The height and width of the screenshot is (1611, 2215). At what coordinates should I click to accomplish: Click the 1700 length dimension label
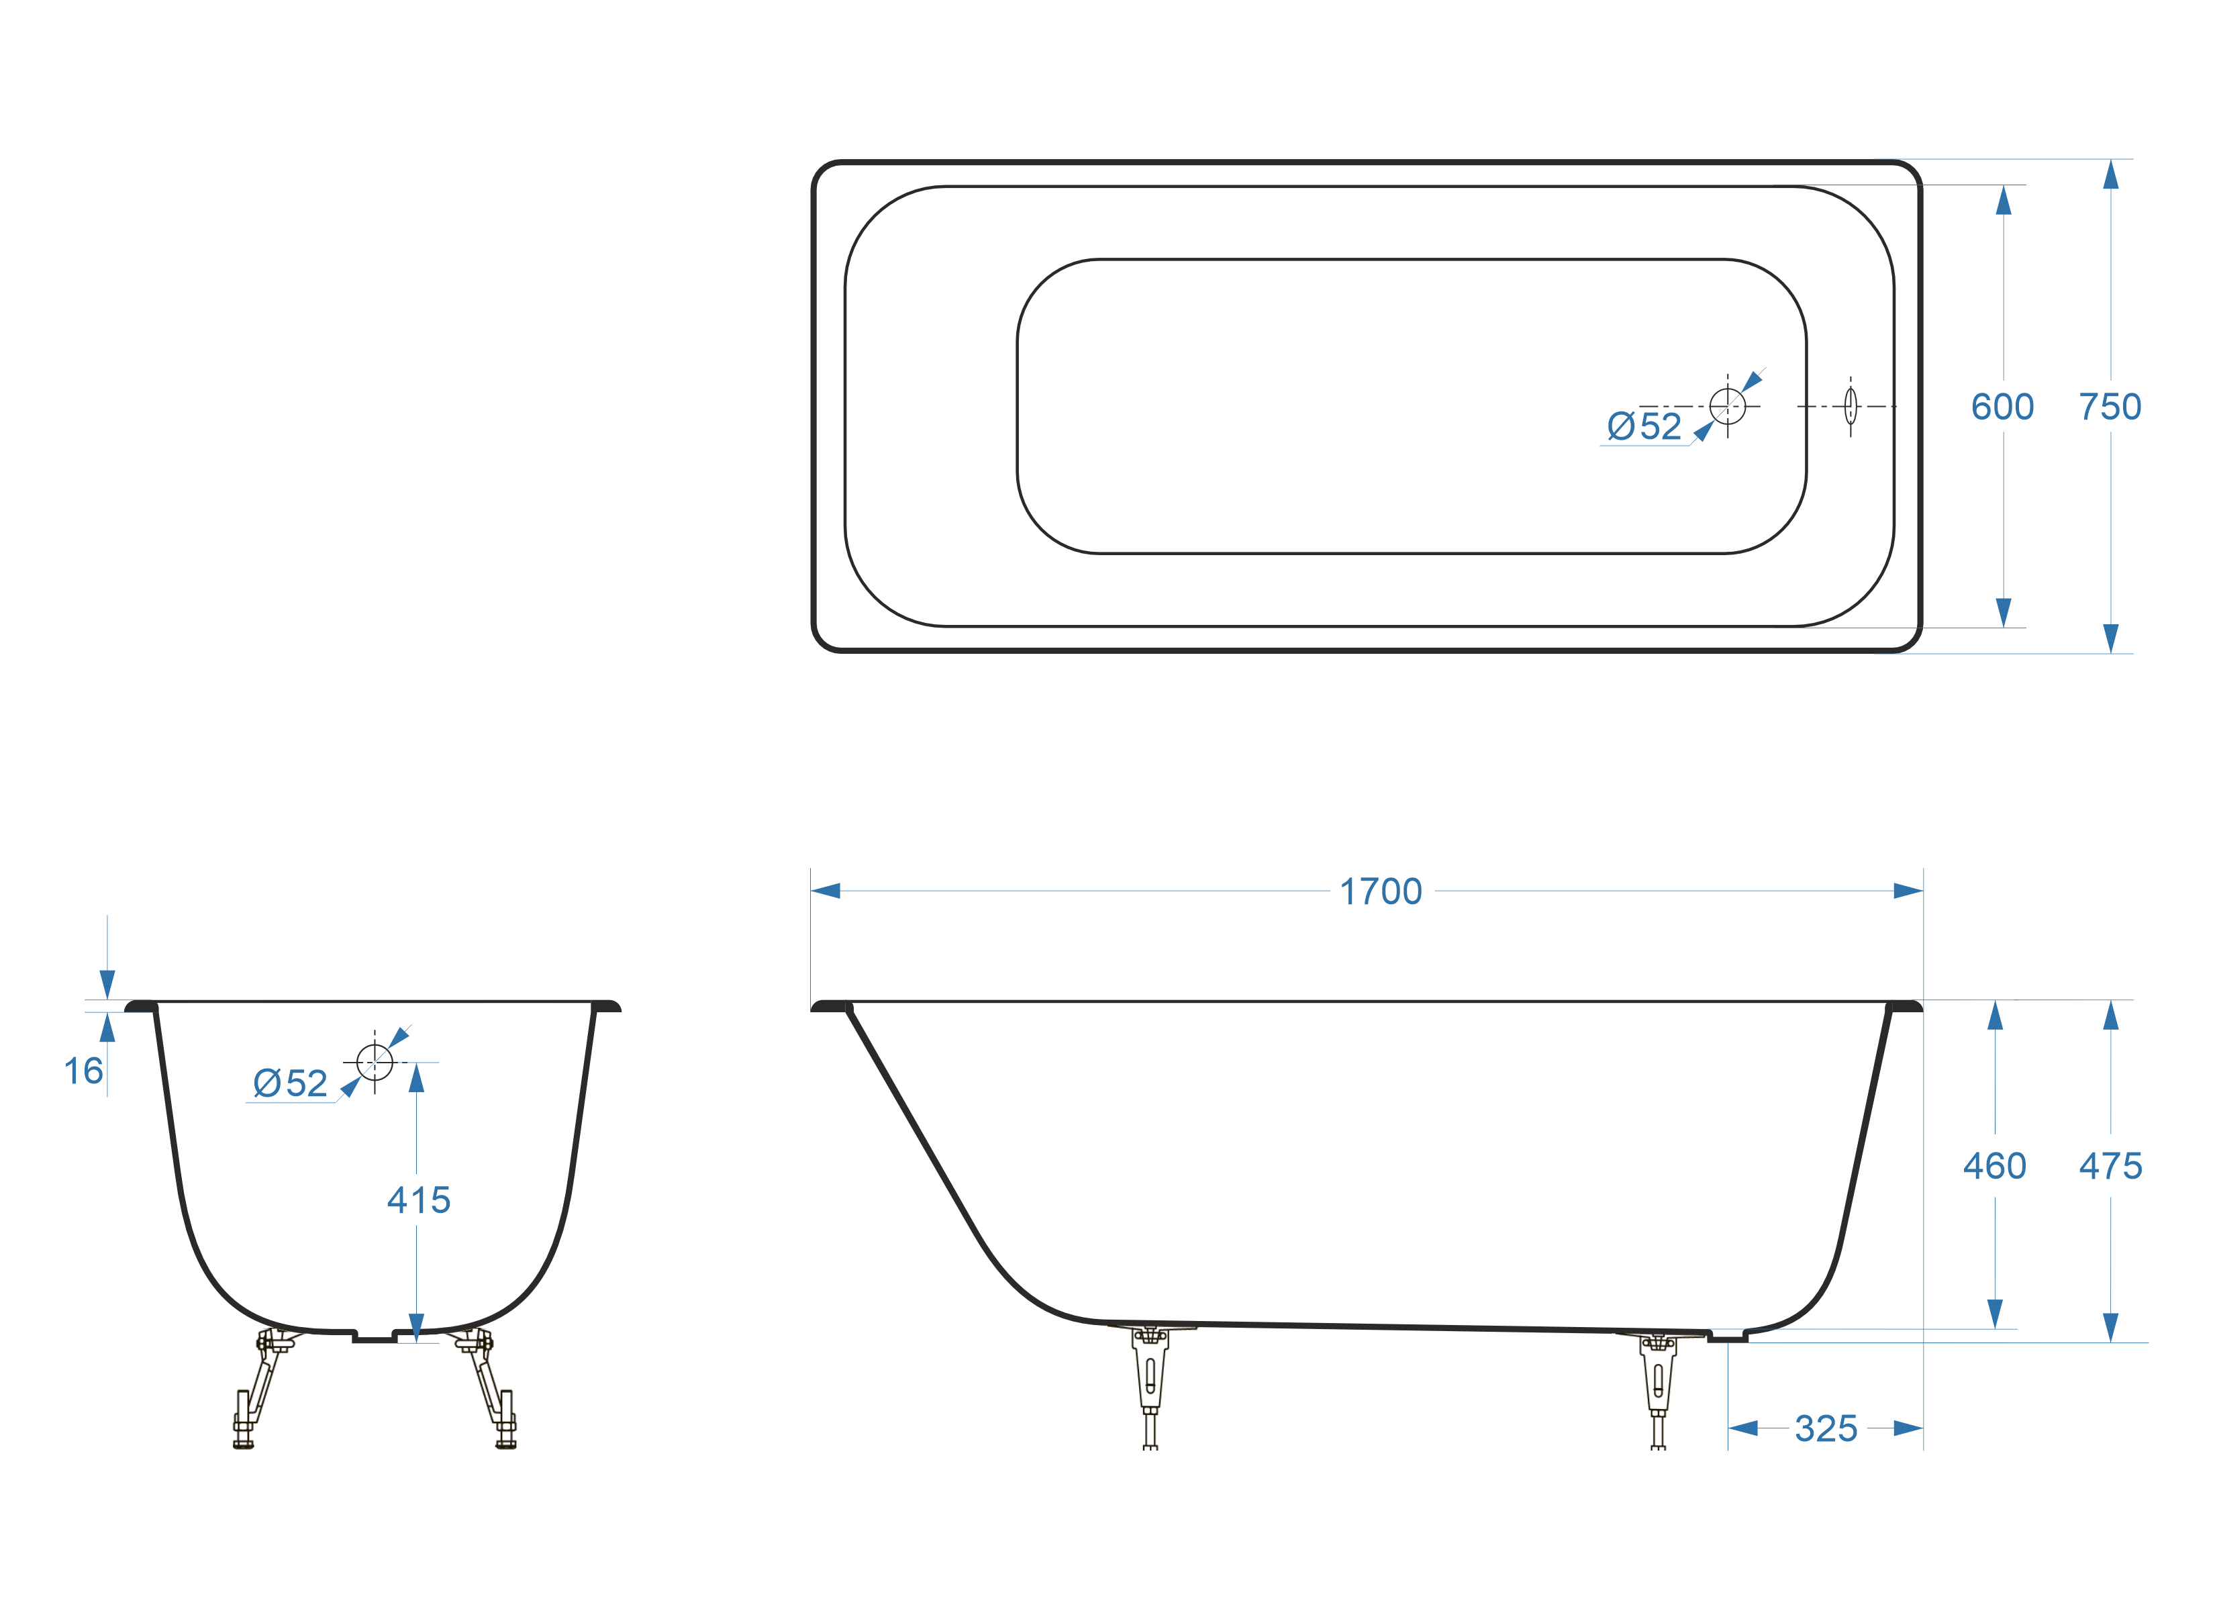[x=1380, y=892]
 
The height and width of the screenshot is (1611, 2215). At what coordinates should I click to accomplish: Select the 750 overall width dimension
[x=2110, y=406]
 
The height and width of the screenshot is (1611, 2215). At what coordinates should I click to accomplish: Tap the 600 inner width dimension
[x=2002, y=406]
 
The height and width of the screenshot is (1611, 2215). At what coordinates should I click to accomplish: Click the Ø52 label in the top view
[x=1644, y=426]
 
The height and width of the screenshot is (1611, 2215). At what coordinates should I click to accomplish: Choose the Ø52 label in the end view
[x=290, y=1083]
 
